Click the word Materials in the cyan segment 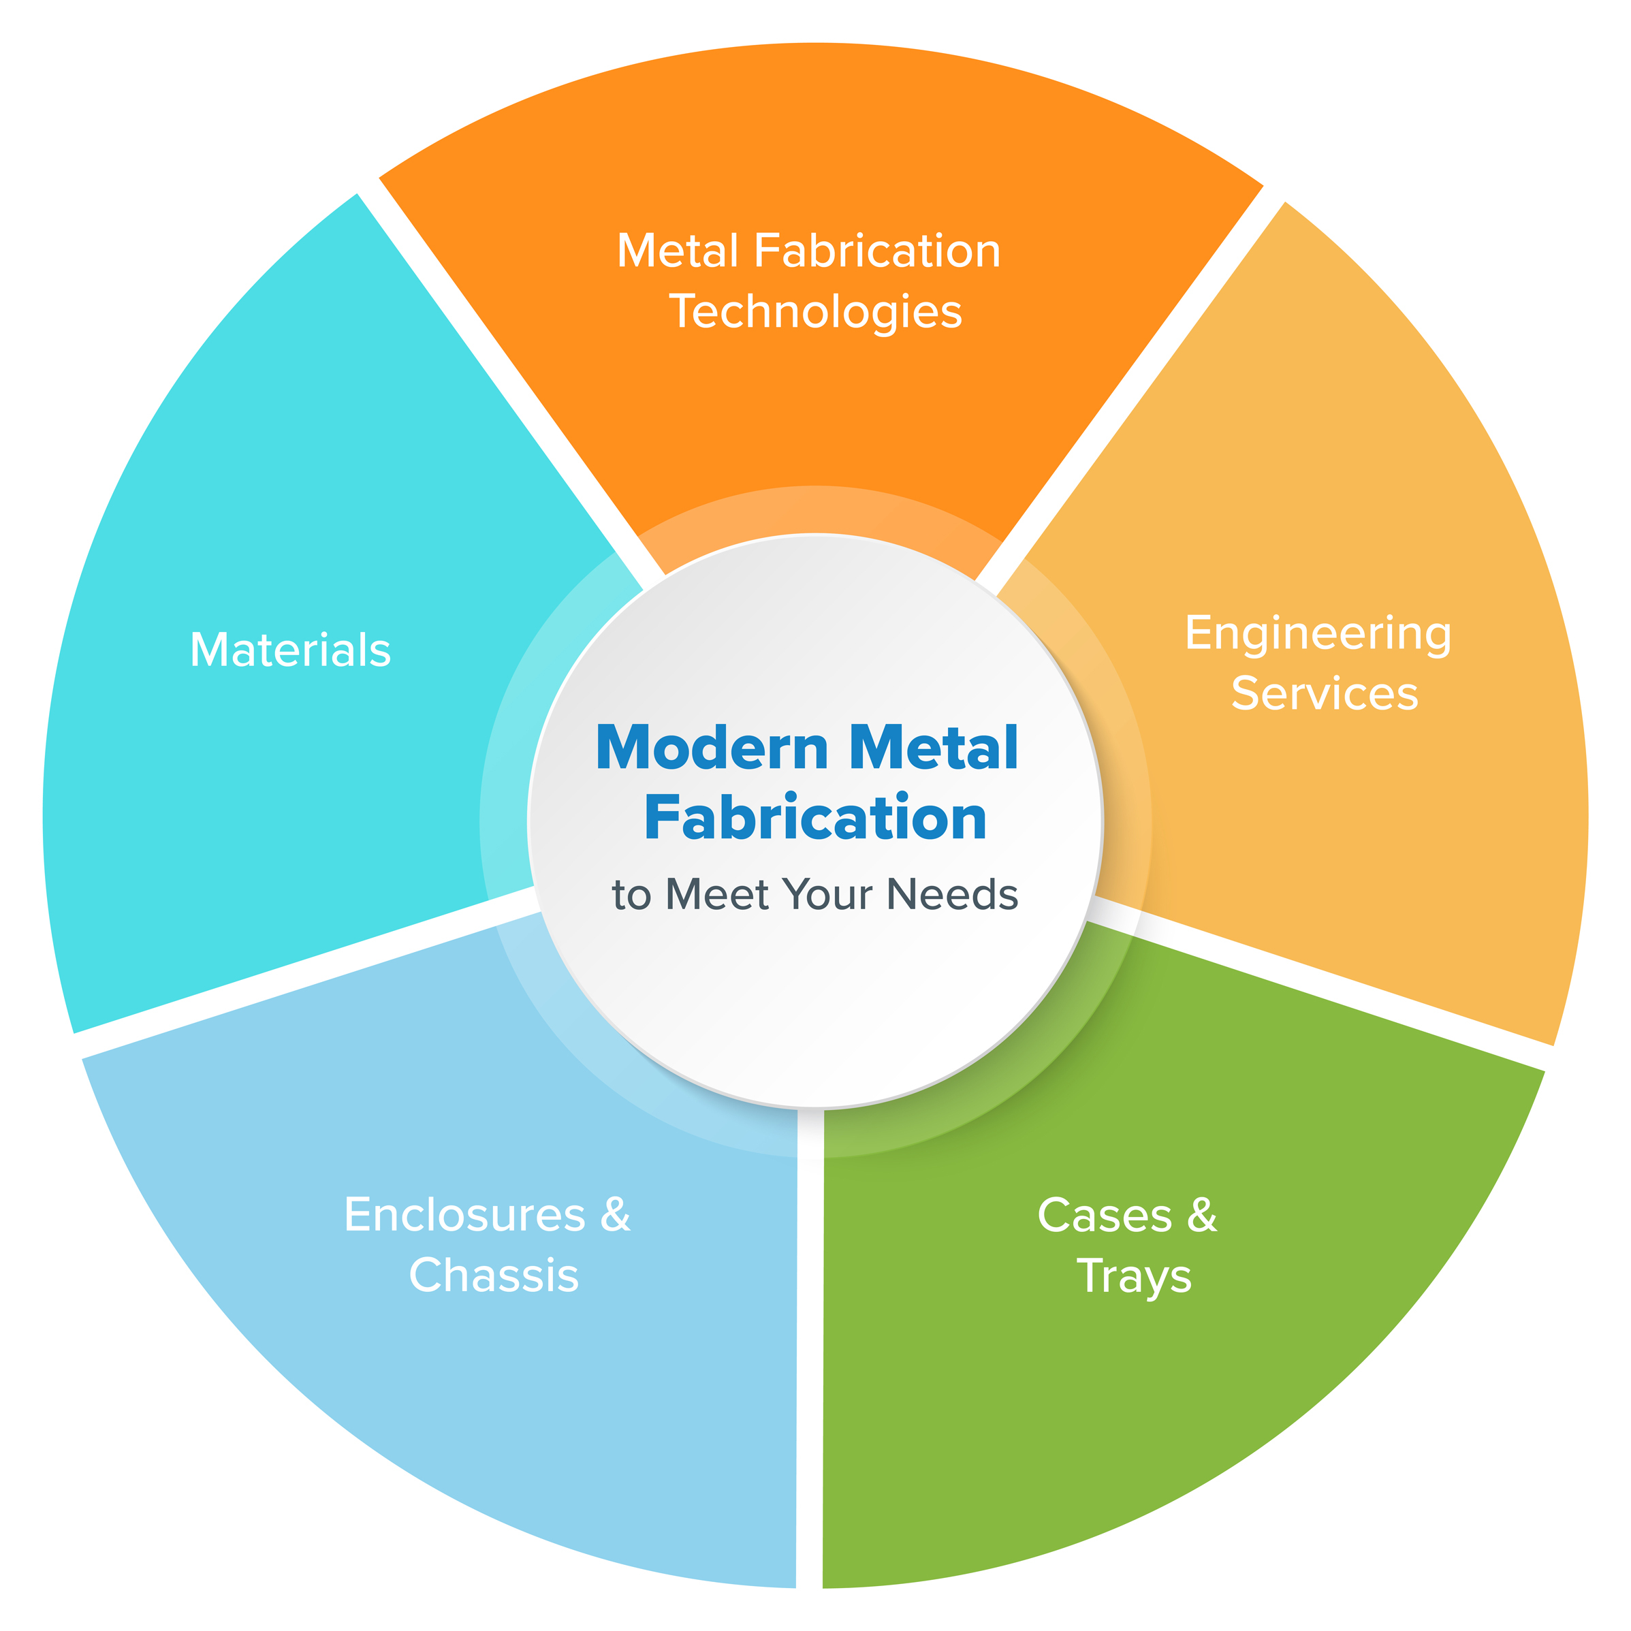pos(290,651)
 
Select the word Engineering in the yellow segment pos(1318,634)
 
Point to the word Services pos(1325,693)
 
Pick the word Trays pos(1134,1276)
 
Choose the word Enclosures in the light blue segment pos(464,1216)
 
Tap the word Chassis pos(494,1276)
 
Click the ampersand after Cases pos(1202,1216)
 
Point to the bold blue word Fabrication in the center pos(816,818)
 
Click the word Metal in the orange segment pos(679,251)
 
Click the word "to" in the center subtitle pos(631,896)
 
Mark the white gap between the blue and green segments pos(810,1350)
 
